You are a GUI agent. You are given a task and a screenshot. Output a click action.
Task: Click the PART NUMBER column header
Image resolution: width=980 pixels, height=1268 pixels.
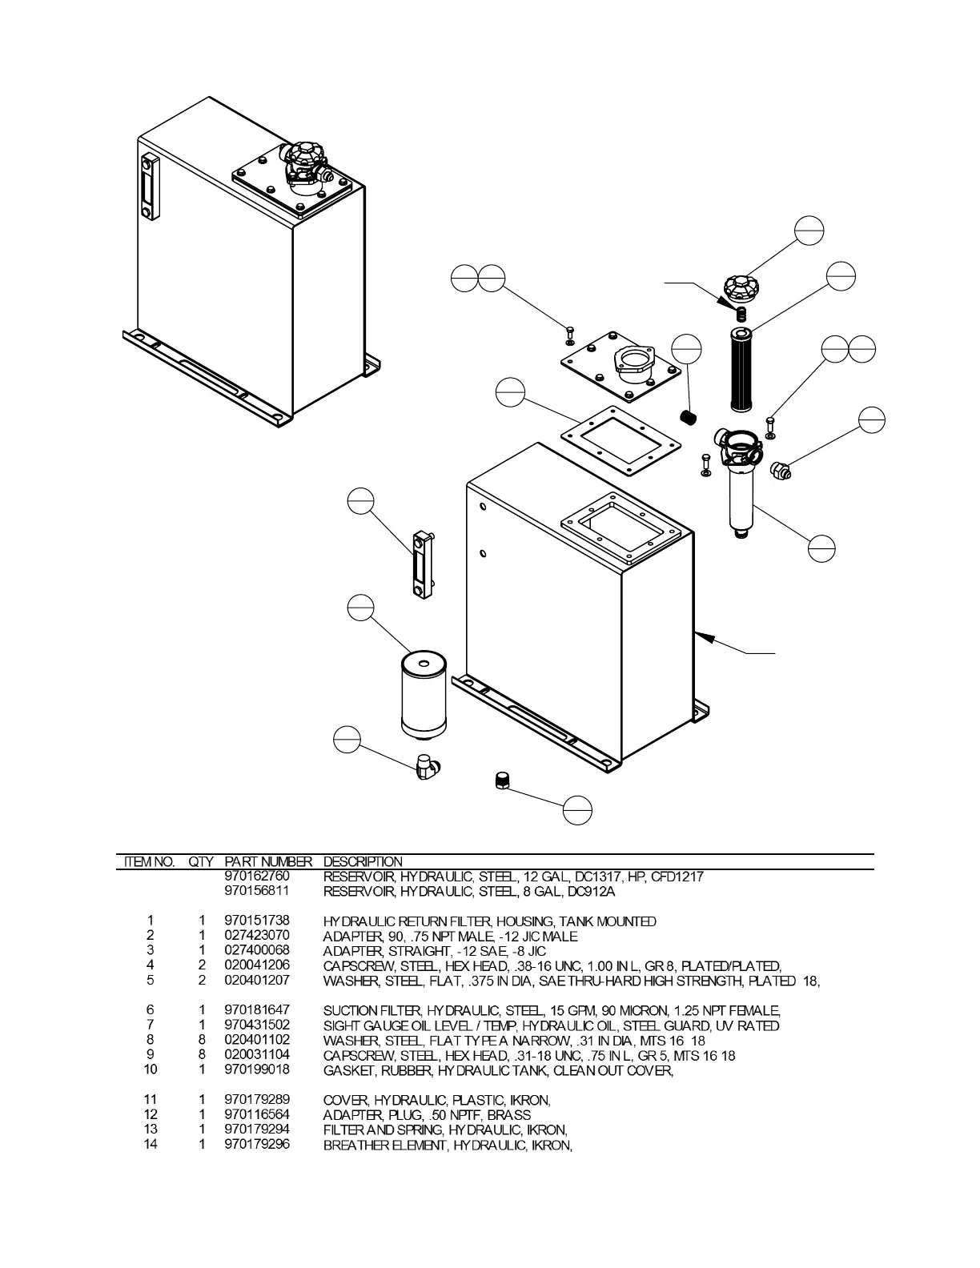(267, 862)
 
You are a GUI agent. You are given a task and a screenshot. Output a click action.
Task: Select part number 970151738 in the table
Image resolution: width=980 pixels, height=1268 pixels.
(257, 921)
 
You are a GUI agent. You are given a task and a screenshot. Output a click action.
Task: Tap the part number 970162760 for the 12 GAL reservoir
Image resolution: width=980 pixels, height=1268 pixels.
(257, 877)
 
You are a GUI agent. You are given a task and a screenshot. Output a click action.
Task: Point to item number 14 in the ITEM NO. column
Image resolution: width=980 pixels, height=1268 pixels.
(151, 1145)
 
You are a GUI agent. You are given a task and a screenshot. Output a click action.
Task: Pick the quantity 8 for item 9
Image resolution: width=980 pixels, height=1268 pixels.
(203, 1055)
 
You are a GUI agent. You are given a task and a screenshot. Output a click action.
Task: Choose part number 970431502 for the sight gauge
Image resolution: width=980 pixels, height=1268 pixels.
(257, 1025)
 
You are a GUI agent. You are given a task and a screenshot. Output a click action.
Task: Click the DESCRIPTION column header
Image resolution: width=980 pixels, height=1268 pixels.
(363, 862)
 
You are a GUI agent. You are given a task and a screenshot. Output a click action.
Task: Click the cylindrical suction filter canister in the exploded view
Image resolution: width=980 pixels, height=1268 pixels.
(424, 693)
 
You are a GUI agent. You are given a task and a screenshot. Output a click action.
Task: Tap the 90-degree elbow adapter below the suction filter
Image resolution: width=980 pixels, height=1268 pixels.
(428, 767)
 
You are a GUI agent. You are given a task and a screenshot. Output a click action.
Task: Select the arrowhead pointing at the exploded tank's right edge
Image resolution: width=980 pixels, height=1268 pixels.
(703, 637)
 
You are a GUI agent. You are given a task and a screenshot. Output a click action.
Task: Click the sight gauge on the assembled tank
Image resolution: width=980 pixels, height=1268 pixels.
(150, 187)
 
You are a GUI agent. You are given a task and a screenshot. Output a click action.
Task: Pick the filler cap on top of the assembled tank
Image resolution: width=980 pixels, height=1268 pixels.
(303, 156)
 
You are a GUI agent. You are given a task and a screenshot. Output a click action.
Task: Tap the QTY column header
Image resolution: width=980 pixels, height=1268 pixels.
(201, 862)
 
